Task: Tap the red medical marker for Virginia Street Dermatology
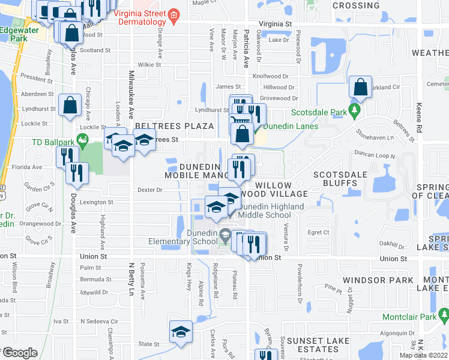[x=174, y=16]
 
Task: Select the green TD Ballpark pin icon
[x=84, y=142]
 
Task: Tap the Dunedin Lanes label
[x=291, y=127]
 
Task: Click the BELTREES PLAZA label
[x=174, y=126]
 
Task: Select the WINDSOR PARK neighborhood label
[x=378, y=280]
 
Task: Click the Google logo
[x=19, y=353]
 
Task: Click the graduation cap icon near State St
[x=180, y=332]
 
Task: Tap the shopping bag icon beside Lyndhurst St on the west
[x=70, y=105]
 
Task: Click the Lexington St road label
[x=97, y=203]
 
